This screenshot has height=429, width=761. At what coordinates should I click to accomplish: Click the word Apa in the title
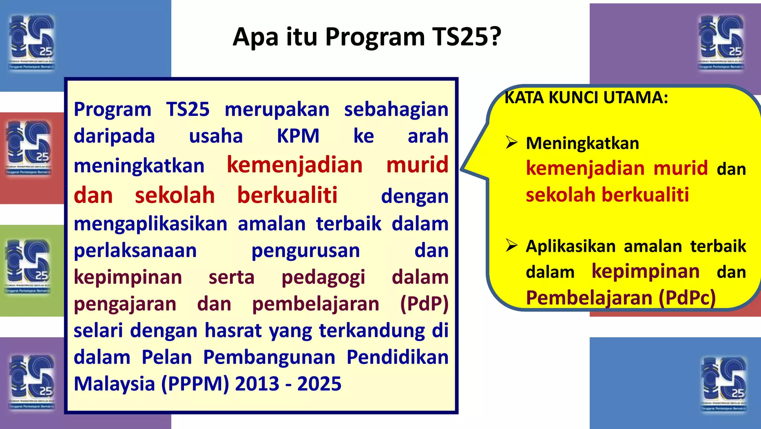(x=255, y=37)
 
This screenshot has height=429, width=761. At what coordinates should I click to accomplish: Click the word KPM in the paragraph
(x=298, y=136)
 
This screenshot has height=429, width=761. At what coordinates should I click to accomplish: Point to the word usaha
(x=216, y=136)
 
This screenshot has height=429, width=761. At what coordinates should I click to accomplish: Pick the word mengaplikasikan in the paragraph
(x=150, y=224)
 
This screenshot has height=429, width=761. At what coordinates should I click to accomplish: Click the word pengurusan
(x=305, y=251)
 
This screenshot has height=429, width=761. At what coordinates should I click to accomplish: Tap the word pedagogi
(x=323, y=277)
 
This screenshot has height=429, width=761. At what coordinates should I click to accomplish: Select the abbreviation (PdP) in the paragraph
(x=424, y=304)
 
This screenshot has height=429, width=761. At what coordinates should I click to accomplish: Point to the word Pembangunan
(x=269, y=357)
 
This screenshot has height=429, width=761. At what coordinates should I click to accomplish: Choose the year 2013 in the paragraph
(x=257, y=384)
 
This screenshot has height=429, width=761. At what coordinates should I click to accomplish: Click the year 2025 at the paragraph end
(x=319, y=384)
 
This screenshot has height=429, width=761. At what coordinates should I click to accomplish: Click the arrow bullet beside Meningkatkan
(x=512, y=143)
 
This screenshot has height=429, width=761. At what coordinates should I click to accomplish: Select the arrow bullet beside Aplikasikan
(x=512, y=246)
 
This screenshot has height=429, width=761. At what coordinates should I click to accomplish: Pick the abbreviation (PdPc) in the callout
(x=687, y=298)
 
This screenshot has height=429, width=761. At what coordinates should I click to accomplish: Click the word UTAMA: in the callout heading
(x=636, y=98)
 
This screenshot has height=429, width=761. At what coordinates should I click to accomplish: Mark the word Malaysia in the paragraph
(x=114, y=384)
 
